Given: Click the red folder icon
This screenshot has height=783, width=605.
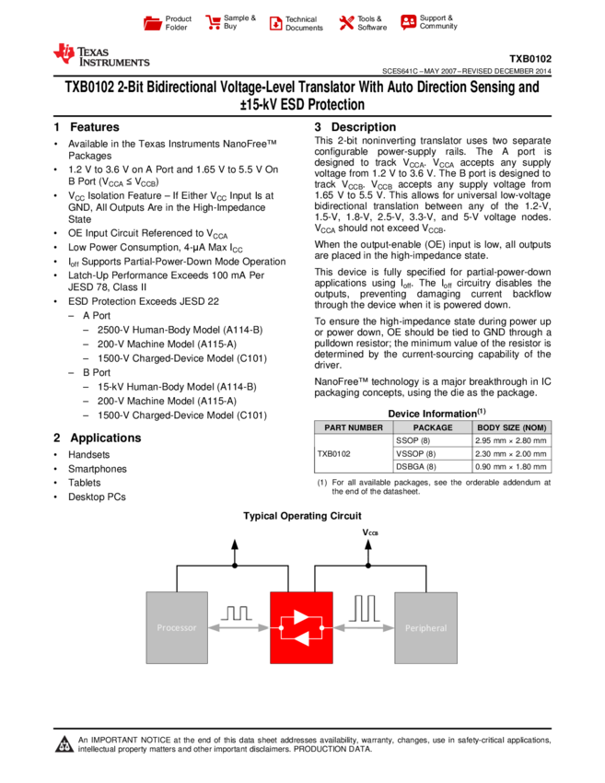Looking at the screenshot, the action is (153, 24).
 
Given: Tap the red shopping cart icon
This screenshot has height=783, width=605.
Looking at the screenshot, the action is (214, 23).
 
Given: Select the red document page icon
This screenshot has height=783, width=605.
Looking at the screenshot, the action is (275, 24).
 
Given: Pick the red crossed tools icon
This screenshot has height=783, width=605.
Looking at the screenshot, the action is (346, 23).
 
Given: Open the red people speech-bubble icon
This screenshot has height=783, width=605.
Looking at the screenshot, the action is (409, 22).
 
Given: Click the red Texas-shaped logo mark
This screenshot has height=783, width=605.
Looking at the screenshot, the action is (64, 54).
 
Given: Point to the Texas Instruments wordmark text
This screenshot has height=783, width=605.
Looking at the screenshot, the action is (113, 57).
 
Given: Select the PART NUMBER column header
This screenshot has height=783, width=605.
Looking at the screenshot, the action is (354, 427).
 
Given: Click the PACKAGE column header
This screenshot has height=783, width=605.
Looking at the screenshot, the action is (433, 427).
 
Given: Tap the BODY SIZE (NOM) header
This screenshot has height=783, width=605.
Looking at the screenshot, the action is (512, 427).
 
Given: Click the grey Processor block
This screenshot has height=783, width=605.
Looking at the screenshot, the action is (177, 627).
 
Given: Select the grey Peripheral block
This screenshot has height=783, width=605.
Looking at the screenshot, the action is (425, 627).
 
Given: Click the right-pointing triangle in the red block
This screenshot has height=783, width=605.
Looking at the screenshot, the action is (300, 616).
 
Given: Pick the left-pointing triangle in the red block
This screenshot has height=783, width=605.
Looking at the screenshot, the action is (299, 638).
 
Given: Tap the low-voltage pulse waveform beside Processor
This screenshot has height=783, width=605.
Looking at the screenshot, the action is (234, 611).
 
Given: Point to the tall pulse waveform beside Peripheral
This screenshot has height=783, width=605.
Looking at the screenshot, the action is (364, 607).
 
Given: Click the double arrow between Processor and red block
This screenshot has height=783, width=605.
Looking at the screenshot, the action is (239, 628).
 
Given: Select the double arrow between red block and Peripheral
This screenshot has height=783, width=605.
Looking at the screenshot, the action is (364, 628).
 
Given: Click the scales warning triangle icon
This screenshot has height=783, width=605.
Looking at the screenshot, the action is (64, 744).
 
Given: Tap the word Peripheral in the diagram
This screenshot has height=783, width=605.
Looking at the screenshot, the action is (425, 628).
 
